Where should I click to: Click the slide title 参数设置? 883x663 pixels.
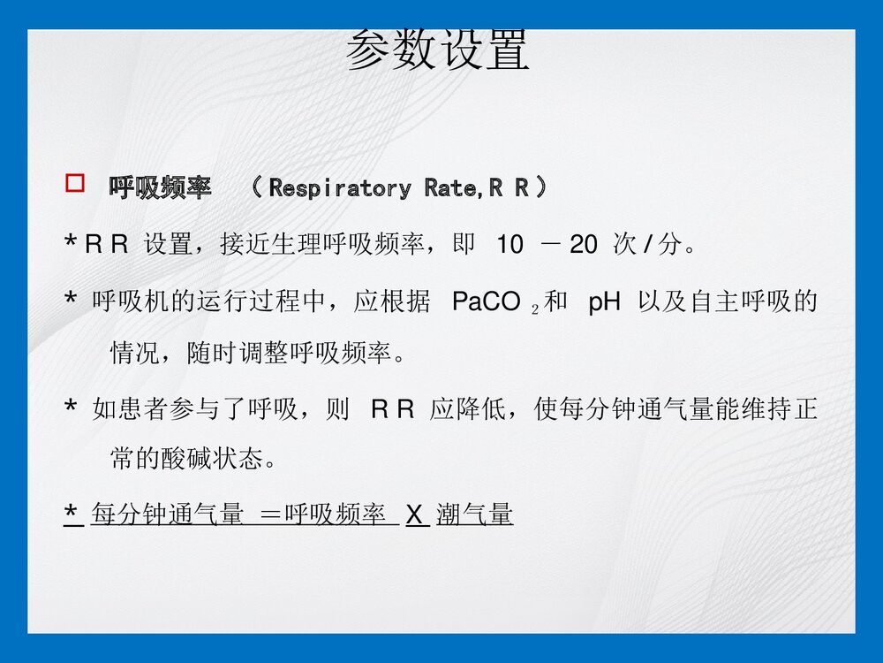coord(438,50)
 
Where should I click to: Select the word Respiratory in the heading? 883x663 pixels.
coord(340,188)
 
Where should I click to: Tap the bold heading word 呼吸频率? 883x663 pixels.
coord(160,188)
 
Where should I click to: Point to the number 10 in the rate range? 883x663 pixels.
coord(509,245)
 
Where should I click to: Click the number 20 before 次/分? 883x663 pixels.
coord(584,245)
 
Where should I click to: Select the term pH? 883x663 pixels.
coord(605,303)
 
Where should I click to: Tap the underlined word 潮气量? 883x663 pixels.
coord(474,514)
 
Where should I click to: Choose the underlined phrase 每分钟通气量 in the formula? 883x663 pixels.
coord(168,514)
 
